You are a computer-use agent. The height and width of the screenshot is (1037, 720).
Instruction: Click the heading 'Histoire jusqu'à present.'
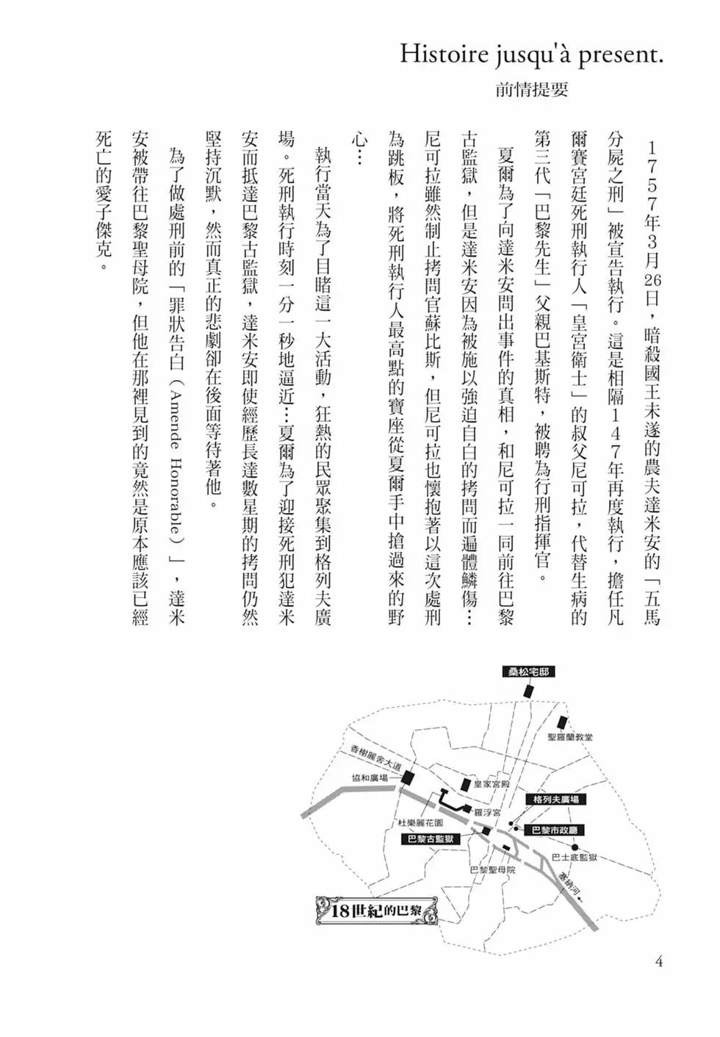pos(531,55)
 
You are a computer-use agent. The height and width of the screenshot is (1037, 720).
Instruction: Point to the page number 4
pos(659,961)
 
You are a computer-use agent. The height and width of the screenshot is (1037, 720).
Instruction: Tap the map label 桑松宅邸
pos(528,672)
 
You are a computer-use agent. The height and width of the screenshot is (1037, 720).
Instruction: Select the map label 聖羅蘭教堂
pos(570,736)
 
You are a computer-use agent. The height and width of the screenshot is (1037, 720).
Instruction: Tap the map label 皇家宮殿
pos(491,783)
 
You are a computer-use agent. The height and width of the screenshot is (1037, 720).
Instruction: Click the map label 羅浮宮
pos(487,812)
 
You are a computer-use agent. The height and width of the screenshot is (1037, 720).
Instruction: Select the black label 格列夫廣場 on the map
pos(555,799)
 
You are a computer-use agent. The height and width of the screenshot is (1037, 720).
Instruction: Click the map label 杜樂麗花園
pos(421,822)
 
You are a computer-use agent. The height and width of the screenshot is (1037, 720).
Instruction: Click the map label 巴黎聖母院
pos(492,869)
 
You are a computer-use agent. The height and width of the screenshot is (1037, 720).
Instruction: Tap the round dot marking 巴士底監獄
pos(575,847)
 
